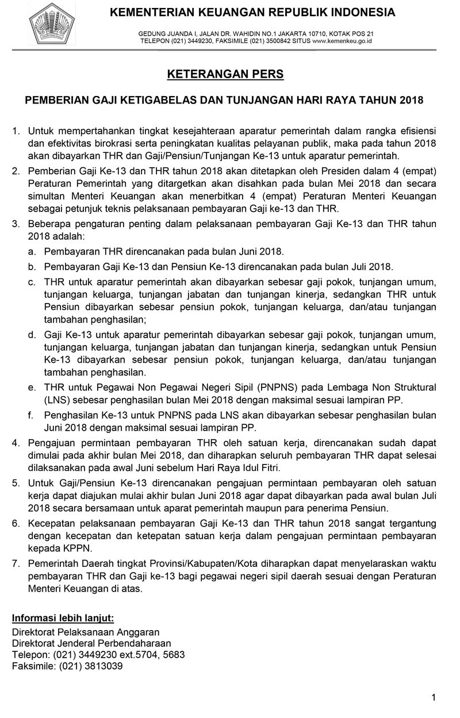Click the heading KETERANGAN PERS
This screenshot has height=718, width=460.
(x=225, y=75)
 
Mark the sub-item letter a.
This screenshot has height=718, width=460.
(x=32, y=252)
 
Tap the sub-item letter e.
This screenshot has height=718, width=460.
(x=32, y=387)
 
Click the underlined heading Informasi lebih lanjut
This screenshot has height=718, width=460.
(x=63, y=618)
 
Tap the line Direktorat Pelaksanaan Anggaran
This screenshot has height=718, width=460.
(x=86, y=632)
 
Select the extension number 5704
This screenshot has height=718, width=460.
(x=154, y=655)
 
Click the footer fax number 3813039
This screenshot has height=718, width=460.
(x=104, y=666)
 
